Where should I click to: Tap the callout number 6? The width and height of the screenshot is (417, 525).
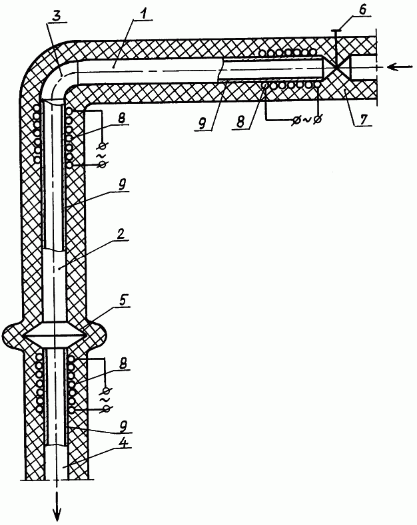click(362, 10)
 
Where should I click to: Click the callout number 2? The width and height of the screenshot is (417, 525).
click(121, 233)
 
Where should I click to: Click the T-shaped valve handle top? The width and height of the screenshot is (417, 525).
click(335, 31)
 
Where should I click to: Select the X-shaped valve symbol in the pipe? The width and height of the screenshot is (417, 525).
click(336, 68)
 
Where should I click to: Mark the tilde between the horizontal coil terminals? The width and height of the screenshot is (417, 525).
click(306, 120)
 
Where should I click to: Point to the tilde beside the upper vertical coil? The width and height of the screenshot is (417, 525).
click(100, 156)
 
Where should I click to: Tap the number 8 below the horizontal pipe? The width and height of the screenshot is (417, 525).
click(241, 121)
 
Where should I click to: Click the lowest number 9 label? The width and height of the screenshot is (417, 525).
click(123, 425)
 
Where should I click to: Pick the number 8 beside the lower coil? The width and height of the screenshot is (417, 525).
click(123, 363)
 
